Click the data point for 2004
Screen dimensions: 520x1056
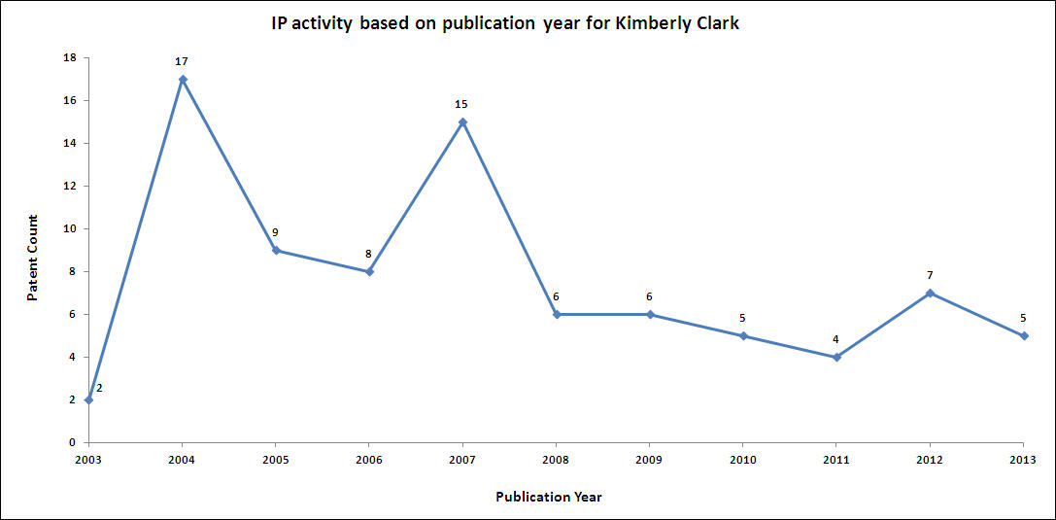[x=183, y=79]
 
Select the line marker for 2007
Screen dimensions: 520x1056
[x=462, y=121]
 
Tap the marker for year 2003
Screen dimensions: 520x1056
[x=88, y=399]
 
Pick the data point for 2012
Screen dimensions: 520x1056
[x=930, y=293]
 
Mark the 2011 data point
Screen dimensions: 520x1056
[x=836, y=357]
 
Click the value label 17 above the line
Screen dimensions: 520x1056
[x=182, y=61]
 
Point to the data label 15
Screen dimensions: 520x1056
[x=461, y=104]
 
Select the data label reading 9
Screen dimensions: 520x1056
[x=276, y=232]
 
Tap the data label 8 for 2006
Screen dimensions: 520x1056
[x=368, y=254]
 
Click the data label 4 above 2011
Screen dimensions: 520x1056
[x=836, y=339]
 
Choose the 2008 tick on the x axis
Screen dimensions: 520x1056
[x=556, y=459]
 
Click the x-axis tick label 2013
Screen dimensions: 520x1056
[x=1023, y=459]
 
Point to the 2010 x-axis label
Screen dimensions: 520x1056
[x=743, y=459]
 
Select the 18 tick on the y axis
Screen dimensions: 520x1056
[x=70, y=57]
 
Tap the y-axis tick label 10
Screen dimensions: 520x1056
[x=70, y=228]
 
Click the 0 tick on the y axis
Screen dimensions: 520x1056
[x=73, y=442]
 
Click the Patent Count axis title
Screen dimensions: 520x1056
[x=33, y=258]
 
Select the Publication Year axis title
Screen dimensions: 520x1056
[x=549, y=497]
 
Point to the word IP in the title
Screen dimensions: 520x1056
[x=280, y=22]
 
